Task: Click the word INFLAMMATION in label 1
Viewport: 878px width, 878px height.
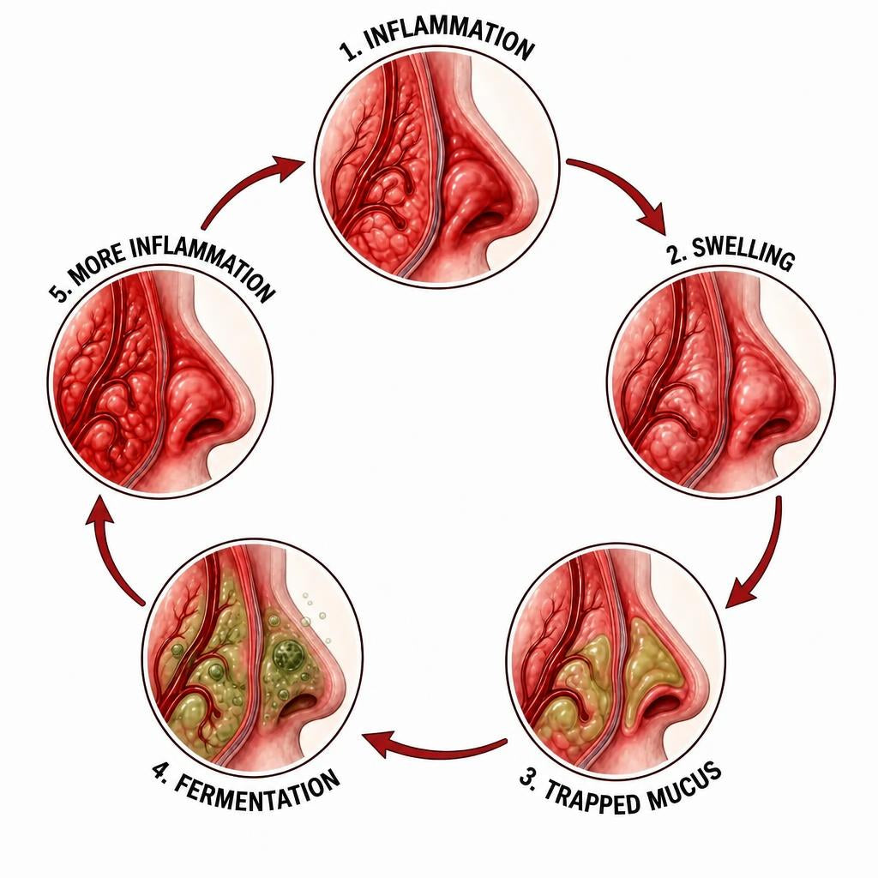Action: (x=450, y=37)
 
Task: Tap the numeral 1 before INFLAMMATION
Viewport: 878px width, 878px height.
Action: (x=349, y=51)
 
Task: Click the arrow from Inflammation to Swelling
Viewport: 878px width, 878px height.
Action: (x=626, y=188)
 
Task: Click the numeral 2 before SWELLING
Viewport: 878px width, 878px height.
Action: (x=677, y=254)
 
